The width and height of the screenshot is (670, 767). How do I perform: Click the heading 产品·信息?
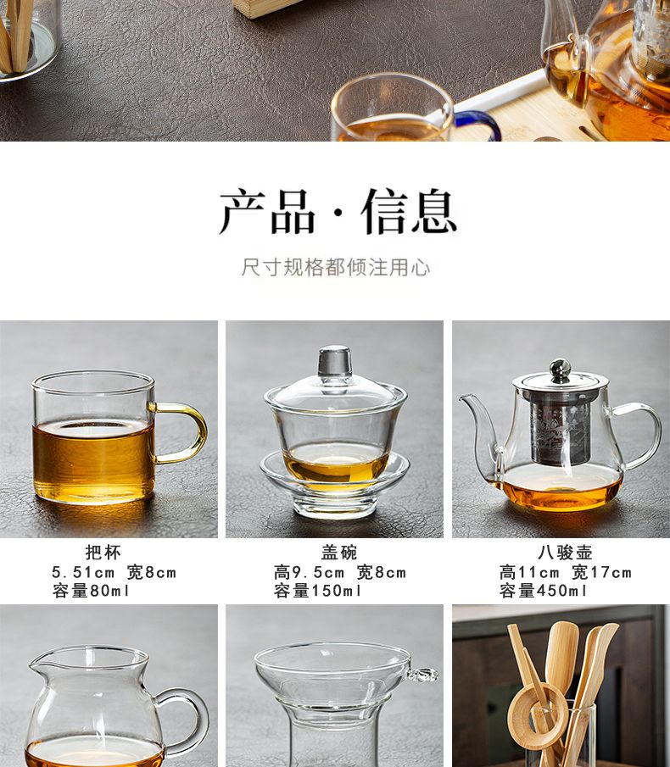(338, 212)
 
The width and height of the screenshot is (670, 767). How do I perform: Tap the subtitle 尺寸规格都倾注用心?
(336, 267)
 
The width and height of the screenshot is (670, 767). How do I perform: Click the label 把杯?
(103, 553)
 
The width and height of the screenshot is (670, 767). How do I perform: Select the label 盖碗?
(339, 553)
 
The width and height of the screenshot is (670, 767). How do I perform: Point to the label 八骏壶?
(566, 553)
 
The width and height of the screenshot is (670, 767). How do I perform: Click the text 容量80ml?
(91, 591)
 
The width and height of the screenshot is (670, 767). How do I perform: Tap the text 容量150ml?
(318, 591)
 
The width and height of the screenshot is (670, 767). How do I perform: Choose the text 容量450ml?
(544, 591)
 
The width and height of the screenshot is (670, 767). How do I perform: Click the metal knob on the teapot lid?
(560, 369)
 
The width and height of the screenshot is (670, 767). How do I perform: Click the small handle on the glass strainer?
(422, 675)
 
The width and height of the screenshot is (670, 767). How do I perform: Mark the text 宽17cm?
(601, 572)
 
